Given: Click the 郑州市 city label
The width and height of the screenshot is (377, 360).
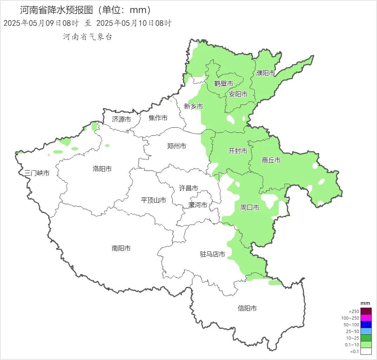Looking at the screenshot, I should pos(177,146).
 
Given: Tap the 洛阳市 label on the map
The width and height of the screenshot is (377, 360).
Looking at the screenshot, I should pos(102,169).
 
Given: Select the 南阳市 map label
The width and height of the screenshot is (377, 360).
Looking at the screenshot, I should pos(121,248).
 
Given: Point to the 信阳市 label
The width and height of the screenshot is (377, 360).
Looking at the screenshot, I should pos(247,308).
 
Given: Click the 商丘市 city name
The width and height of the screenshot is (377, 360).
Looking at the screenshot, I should pos(271,160).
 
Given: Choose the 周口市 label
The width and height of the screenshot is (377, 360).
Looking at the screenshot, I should pos(249,208).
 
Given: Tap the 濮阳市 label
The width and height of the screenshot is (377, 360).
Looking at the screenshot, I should pos(266,73).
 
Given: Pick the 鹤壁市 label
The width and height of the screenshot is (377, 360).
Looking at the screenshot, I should pos(224,84).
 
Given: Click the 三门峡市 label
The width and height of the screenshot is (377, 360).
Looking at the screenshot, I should pos(37,173).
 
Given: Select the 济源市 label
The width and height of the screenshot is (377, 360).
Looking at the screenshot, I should pos(122,119).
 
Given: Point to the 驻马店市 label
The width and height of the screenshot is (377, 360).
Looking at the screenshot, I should pos(213,254).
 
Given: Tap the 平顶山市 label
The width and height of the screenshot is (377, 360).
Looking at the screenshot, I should pos(154,200).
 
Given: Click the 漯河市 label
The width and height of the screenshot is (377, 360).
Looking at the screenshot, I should pos(198,205).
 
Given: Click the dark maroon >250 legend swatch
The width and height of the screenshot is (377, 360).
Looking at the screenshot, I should pos(366,311).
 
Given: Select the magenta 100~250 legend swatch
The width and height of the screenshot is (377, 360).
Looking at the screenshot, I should pos(366,318).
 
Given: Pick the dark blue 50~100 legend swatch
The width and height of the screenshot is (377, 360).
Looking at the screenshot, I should pos(366,325).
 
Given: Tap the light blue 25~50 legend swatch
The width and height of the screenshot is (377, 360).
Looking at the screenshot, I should pos(366,331).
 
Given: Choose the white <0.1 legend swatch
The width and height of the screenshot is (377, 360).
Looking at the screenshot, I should pos(366,351).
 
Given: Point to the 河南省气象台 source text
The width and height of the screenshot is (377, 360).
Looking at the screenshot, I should pos(87,37).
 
